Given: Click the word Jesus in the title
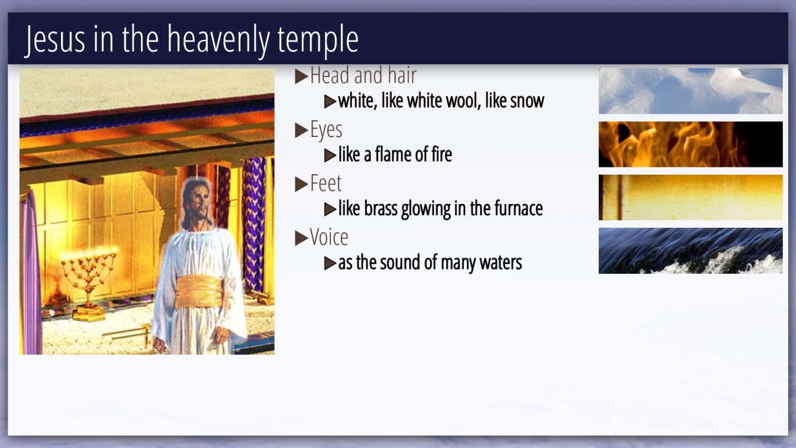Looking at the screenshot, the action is point(55,39).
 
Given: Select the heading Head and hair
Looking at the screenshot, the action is point(363,75).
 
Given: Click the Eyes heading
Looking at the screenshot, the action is point(326,130).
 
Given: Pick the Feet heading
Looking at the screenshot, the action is point(325,184).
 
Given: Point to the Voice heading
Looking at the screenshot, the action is point(329,237).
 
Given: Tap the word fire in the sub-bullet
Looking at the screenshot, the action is point(442,155).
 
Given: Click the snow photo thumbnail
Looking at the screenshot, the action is point(690,91).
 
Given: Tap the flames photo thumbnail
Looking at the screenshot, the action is point(690,144).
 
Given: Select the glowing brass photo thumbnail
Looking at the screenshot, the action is point(690,197).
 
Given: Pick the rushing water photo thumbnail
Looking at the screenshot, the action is point(690,251).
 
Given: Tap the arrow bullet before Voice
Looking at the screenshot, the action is point(302,238).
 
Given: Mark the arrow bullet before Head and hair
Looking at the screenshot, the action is point(302,77).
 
